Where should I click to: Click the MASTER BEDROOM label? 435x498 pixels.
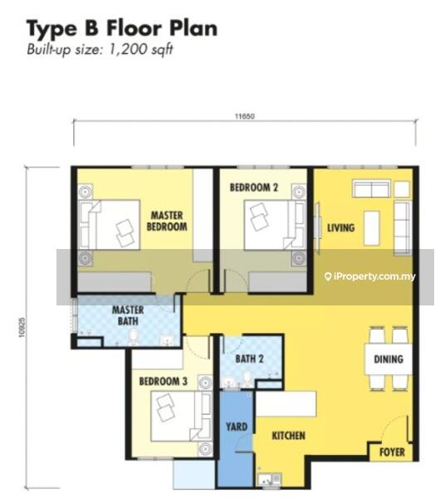[167, 221]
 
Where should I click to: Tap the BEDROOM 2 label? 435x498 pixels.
[254, 188]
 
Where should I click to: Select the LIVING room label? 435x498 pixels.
[341, 227]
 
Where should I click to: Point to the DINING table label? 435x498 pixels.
[389, 359]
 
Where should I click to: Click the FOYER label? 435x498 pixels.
[392, 452]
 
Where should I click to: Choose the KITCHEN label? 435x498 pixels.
[289, 436]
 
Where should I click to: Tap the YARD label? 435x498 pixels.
[237, 427]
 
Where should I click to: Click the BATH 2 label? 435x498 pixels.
[249, 359]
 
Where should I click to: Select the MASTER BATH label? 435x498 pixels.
[128, 315]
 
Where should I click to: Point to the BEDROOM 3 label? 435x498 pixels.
[164, 381]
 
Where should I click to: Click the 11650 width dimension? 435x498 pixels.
[245, 116]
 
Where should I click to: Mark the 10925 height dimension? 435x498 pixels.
[22, 328]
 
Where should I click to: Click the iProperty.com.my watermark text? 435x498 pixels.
[370, 276]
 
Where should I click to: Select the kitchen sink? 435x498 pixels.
[270, 479]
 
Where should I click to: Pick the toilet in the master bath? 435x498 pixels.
[134, 337]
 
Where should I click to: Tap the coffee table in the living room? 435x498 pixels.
[372, 228]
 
